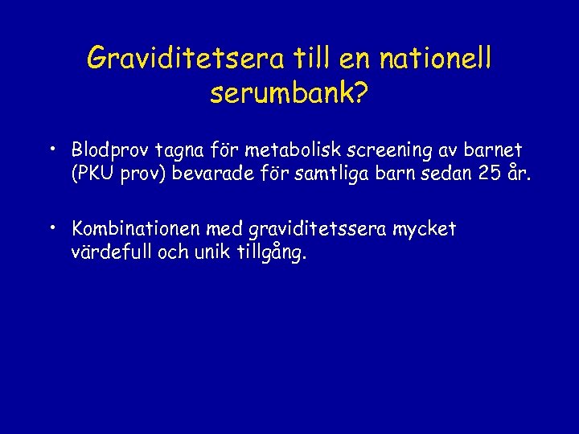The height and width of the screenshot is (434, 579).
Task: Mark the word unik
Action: tap(220, 252)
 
